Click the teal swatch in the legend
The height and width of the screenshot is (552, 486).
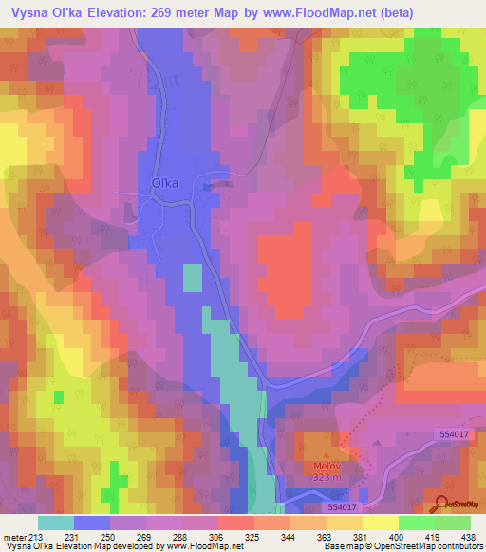(x=56, y=523)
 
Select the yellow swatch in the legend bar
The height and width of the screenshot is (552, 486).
(x=381, y=523)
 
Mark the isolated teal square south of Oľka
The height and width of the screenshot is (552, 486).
(x=193, y=277)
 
